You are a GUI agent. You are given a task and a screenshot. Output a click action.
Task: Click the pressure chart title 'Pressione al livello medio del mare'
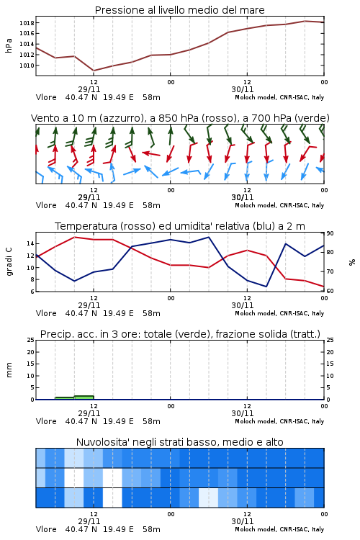(180, 10)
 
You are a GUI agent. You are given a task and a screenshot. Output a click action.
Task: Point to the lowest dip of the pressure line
(94, 71)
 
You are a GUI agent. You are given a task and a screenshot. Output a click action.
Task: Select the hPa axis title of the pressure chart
(9, 45)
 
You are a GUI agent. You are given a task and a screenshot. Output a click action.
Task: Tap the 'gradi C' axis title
(9, 261)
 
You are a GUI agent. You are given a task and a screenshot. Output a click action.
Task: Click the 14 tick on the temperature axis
(30, 243)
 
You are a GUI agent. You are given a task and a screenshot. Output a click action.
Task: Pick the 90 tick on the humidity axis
(330, 233)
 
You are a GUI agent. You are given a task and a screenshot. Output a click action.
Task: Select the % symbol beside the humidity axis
(352, 262)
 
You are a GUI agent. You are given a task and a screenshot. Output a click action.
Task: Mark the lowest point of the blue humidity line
(266, 287)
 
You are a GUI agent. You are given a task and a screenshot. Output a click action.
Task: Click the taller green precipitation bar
(84, 397)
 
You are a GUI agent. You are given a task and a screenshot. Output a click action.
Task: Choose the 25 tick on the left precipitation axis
(30, 341)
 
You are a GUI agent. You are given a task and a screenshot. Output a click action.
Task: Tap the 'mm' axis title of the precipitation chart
(9, 370)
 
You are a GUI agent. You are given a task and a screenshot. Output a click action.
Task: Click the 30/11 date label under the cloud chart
(242, 521)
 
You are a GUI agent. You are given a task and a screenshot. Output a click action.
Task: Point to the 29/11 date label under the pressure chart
(89, 89)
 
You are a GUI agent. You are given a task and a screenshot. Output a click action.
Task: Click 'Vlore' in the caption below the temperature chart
(46, 313)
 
